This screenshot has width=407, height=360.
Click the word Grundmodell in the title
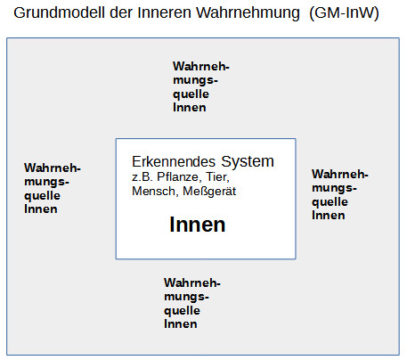pyautogui.click(x=59, y=12)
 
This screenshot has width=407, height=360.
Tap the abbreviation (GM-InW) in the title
pyautogui.click(x=344, y=13)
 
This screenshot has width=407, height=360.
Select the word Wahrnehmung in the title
pyautogui.click(x=248, y=13)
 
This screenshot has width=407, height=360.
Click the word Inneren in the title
pyautogui.click(x=164, y=12)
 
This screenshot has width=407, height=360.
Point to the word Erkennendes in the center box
pyautogui.click(x=174, y=162)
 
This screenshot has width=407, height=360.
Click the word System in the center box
pyautogui.click(x=248, y=162)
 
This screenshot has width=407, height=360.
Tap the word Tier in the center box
pyautogui.click(x=217, y=177)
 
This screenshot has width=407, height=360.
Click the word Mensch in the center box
pyautogui.click(x=155, y=192)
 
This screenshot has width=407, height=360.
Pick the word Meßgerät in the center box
pyautogui.click(x=209, y=192)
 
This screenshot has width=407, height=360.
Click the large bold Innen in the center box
pyautogui.click(x=198, y=225)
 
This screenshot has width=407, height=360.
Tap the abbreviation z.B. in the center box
pyautogui.click(x=142, y=177)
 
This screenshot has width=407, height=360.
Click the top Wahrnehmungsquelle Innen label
pyautogui.click(x=201, y=86)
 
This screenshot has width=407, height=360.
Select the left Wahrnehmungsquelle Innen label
pyautogui.click(x=53, y=188)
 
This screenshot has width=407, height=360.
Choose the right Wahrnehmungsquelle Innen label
pyautogui.click(x=340, y=194)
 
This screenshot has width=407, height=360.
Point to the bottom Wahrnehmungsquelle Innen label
pyautogui.click(x=192, y=303)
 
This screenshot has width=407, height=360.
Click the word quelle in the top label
pyautogui.click(x=191, y=94)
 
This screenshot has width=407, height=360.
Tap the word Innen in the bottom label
pyautogui.click(x=181, y=324)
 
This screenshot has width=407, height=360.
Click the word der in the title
pyautogui.click(x=121, y=12)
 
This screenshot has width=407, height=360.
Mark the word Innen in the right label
pyautogui.click(x=329, y=216)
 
